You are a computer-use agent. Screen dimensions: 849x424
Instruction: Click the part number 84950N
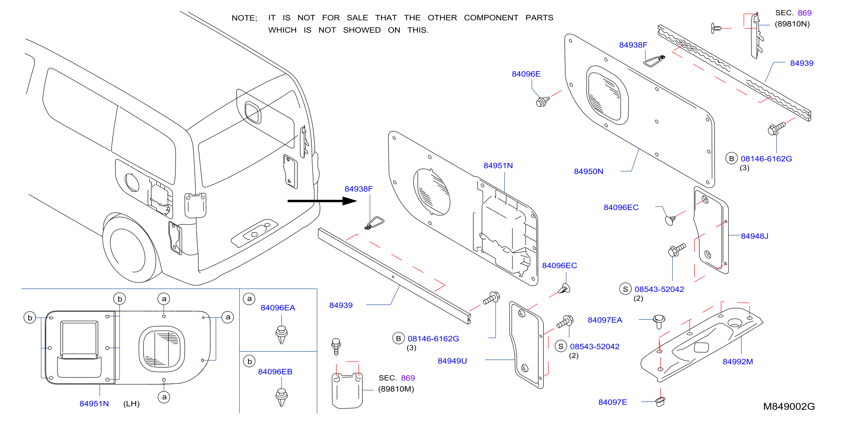[588, 171]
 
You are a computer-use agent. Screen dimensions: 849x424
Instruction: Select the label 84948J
[754, 236]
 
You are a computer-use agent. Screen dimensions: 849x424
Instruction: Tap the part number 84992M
[738, 362]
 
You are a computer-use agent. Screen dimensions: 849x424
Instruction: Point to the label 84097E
[612, 402]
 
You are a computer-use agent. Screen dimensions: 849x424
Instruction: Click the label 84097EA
[605, 320]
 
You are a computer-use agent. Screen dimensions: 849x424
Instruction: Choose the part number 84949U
[452, 361]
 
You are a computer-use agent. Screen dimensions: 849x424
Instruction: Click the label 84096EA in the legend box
[278, 308]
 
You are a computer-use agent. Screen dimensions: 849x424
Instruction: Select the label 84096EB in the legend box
[275, 372]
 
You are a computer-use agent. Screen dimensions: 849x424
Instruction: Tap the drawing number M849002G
[789, 407]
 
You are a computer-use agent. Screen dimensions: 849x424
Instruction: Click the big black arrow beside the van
[322, 201]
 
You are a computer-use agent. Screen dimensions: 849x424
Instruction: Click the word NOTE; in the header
[244, 18]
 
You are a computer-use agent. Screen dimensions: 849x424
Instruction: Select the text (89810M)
[396, 389]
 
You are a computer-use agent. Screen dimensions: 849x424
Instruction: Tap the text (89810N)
[792, 24]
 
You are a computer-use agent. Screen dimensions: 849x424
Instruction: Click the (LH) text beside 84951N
[131, 404]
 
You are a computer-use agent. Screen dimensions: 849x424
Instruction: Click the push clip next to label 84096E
[543, 101]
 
